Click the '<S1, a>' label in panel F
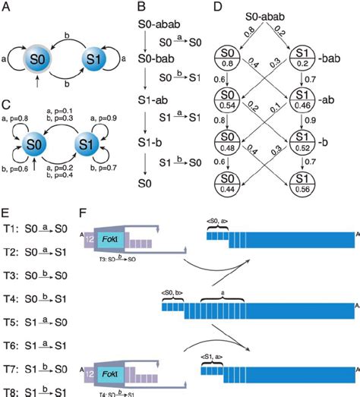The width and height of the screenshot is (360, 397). (211, 357)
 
